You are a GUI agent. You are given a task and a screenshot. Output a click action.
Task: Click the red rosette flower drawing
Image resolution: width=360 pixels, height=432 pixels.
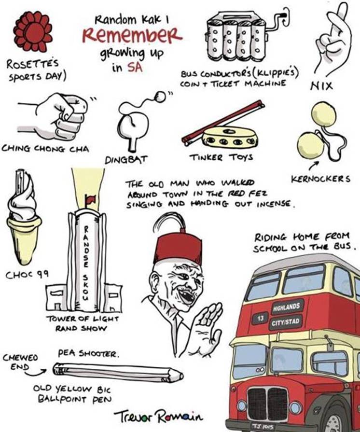[x=33, y=31]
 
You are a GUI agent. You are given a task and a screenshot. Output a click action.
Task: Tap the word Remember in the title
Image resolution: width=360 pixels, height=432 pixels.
[x=132, y=36]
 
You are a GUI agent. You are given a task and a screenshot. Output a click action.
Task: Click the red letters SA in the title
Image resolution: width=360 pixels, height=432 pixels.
[x=135, y=67]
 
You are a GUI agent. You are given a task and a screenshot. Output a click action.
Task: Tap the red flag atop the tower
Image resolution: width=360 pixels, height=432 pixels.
[x=90, y=199]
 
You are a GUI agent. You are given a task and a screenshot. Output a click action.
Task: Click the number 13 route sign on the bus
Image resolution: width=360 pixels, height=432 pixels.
[x=261, y=319]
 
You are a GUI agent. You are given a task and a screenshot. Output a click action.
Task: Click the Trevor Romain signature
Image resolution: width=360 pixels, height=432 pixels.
[x=158, y=417]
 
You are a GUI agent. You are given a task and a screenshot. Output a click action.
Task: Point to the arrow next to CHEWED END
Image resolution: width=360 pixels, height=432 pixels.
[x=36, y=373]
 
